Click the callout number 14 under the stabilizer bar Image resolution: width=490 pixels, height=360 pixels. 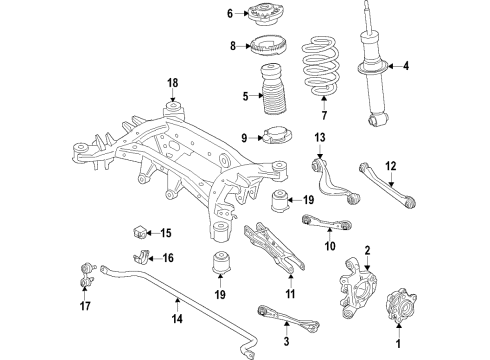pyautogui.click(x=176, y=320)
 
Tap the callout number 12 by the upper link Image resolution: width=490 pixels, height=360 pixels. pyautogui.click(x=392, y=166)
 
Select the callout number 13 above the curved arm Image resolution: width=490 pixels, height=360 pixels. pyautogui.click(x=320, y=137)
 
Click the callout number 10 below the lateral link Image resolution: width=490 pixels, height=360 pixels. pyautogui.click(x=327, y=246)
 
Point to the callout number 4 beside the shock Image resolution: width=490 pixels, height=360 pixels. pyautogui.click(x=406, y=67)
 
